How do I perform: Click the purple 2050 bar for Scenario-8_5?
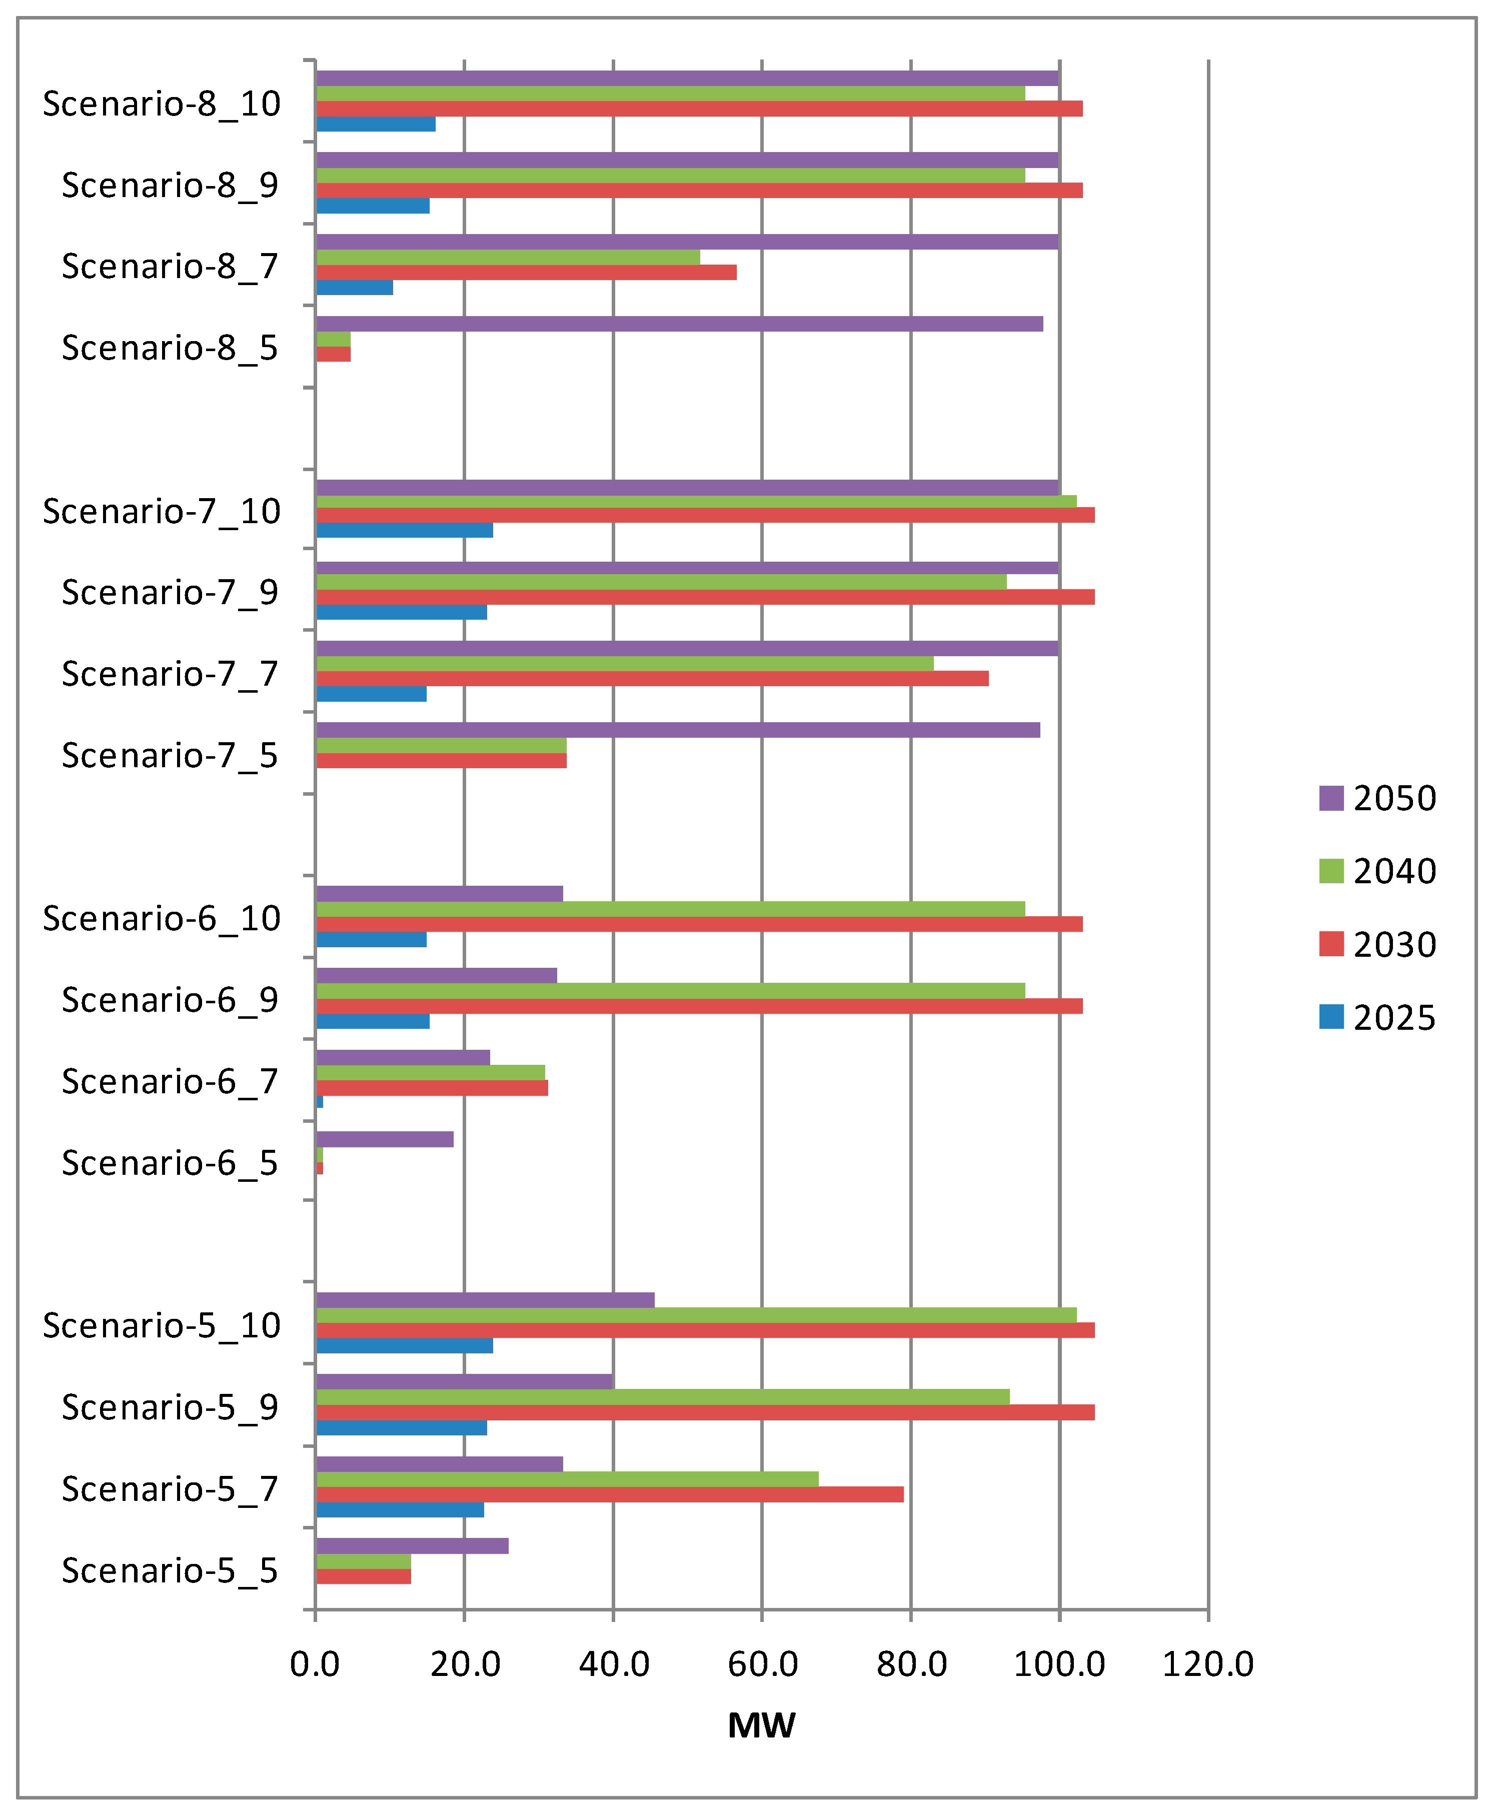[x=679, y=324]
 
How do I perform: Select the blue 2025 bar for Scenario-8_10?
[x=376, y=124]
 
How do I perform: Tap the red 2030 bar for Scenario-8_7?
[x=526, y=273]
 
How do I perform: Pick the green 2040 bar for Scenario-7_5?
[x=441, y=745]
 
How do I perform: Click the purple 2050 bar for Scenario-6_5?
[x=384, y=1139]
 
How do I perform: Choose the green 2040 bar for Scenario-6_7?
[x=430, y=1072]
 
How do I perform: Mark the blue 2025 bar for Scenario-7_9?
[x=401, y=612]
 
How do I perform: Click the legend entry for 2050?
[x=1377, y=798]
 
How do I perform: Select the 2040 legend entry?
[x=1377, y=871]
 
